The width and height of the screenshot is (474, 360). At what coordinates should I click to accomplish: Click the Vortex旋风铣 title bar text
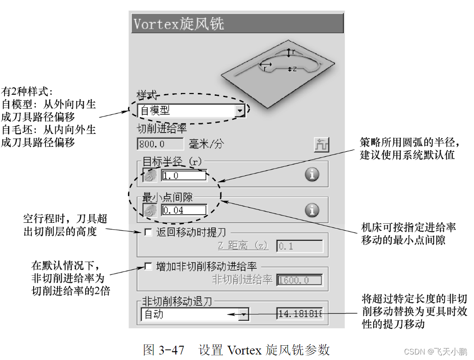click(x=179, y=23)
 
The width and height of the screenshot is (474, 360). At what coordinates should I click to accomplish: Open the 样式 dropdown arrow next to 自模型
click(x=239, y=111)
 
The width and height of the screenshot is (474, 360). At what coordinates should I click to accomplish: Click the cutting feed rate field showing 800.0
click(x=160, y=144)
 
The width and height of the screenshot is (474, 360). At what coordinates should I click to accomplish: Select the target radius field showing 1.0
click(x=183, y=175)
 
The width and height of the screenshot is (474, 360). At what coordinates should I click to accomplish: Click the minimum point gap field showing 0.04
click(x=183, y=210)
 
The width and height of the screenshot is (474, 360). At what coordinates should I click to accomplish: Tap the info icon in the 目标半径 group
click(x=312, y=174)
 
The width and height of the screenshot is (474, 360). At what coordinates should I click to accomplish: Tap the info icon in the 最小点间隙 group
click(x=312, y=210)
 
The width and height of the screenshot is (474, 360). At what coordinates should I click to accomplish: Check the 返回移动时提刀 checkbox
click(x=148, y=232)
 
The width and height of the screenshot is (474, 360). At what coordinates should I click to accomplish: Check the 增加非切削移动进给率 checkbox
click(x=148, y=266)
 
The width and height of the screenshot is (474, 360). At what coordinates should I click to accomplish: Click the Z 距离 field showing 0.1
click(x=300, y=246)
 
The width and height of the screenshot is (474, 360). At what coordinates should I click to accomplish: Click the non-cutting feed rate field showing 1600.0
click(x=300, y=280)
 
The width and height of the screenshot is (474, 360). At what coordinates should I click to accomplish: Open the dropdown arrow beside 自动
click(x=244, y=314)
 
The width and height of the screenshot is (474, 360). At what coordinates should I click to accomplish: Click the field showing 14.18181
click(x=300, y=314)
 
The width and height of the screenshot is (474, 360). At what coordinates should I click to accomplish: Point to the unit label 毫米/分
click(x=207, y=144)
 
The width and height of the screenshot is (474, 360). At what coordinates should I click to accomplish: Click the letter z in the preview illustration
click(x=294, y=69)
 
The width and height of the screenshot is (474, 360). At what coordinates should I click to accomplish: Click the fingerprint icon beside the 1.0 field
click(x=150, y=175)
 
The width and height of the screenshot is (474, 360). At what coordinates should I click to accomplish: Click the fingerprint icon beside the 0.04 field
click(x=150, y=210)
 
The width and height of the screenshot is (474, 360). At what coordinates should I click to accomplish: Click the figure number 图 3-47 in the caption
click(x=163, y=350)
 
